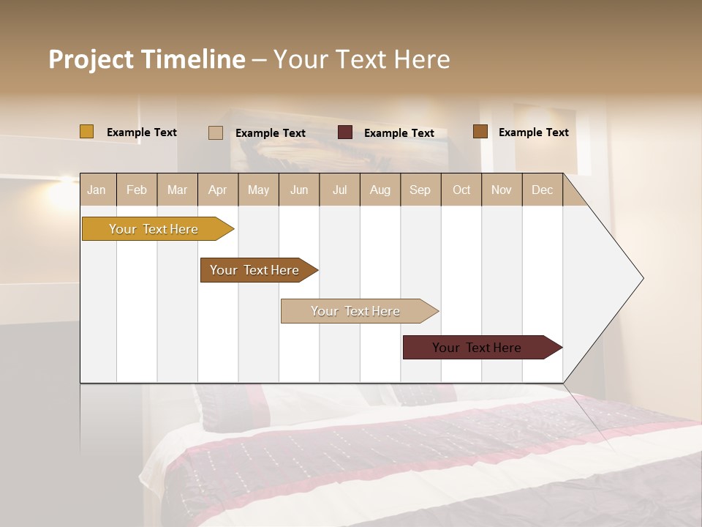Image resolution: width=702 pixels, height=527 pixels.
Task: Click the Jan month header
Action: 97,190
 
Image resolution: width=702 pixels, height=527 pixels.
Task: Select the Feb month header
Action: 137,190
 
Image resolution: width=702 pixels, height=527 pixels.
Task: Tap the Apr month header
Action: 218,190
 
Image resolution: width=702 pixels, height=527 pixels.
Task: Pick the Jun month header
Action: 299,190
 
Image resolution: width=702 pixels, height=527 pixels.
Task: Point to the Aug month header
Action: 380,190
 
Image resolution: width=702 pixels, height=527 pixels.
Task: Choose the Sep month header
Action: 420,190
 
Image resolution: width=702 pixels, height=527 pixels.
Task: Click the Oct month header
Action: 461,190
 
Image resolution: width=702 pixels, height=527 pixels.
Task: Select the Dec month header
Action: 543,190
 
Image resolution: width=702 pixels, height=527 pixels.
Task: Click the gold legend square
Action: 86,132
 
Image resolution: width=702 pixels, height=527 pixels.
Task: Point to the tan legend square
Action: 216,132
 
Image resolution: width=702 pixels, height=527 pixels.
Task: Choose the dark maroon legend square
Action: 345,132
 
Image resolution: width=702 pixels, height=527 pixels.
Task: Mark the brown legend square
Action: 480,132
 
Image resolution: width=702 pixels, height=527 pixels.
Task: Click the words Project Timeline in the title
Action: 146,59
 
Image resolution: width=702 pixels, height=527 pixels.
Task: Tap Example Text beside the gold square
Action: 142,132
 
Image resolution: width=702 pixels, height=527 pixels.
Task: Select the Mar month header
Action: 177,190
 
